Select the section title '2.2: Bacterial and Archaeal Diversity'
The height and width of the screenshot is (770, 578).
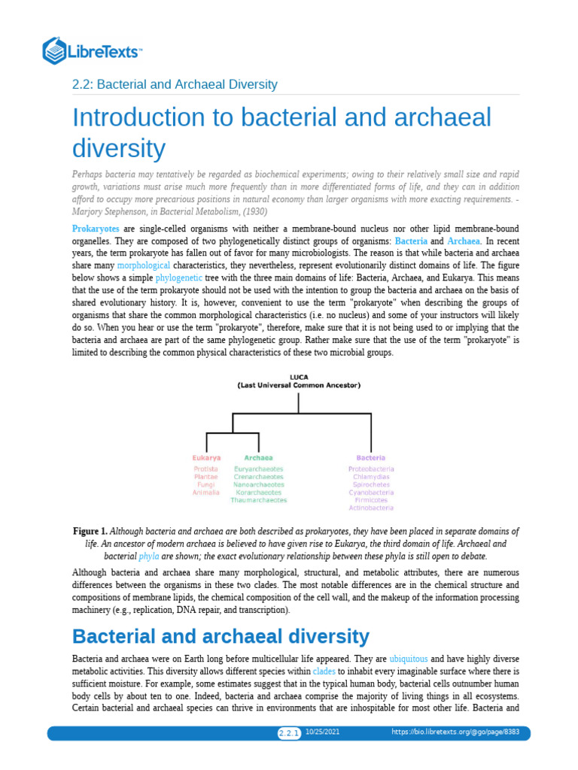point(175,84)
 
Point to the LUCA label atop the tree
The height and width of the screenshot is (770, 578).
point(299,377)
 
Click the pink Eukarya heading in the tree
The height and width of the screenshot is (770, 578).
point(206,457)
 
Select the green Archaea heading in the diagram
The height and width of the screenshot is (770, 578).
point(258,457)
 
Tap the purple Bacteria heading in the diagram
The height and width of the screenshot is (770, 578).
point(371,457)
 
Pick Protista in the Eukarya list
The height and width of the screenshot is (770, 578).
point(206,469)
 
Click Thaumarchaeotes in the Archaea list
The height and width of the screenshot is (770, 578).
point(259,500)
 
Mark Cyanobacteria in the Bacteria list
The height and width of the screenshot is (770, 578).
point(371,493)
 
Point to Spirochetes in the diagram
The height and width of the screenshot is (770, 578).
point(371,484)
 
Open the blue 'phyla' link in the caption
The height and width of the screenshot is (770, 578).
point(148,556)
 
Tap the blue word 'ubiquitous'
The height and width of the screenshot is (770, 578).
point(408,657)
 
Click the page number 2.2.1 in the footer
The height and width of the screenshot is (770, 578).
point(289,733)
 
